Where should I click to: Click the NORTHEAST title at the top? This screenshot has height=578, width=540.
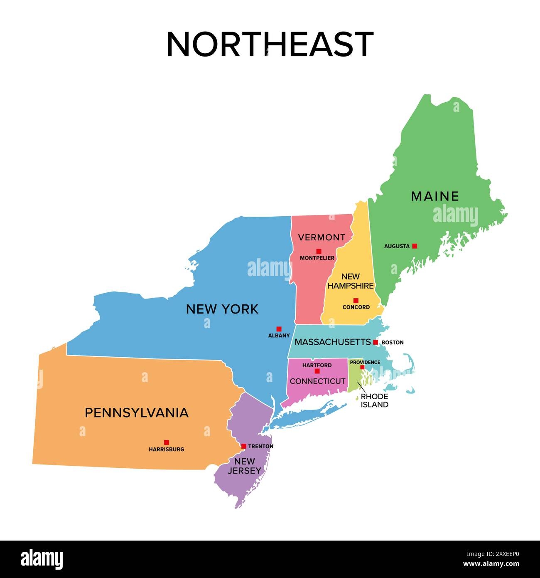coord(270,44)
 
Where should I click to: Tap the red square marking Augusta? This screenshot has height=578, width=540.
coord(414,246)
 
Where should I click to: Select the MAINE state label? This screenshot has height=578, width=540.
coord(435,196)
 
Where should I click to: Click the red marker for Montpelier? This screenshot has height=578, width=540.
coord(319,251)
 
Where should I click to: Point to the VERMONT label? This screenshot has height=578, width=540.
coord(322,237)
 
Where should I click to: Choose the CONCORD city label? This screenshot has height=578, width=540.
coord(356,307)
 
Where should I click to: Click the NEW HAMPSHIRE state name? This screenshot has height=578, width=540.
coord(351,281)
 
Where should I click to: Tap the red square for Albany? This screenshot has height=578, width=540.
coord(279,329)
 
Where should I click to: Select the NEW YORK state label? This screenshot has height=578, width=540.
coord(222,309)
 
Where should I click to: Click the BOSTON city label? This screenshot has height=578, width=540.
coord(392,343)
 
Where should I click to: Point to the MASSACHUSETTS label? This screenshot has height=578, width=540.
coord(332,342)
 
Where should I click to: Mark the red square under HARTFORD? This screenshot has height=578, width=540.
coord(317,371)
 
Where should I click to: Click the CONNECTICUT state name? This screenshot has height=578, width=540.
coord(317,381)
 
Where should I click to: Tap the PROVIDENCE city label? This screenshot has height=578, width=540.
coord(365,362)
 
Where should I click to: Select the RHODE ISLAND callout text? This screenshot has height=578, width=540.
coord(374,400)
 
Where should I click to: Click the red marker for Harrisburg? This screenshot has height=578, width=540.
coord(166,442)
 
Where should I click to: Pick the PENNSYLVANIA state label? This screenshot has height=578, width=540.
coord(137,413)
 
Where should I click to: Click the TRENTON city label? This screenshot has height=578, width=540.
coord(260,446)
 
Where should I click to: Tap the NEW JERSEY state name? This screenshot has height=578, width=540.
coord(244,466)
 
